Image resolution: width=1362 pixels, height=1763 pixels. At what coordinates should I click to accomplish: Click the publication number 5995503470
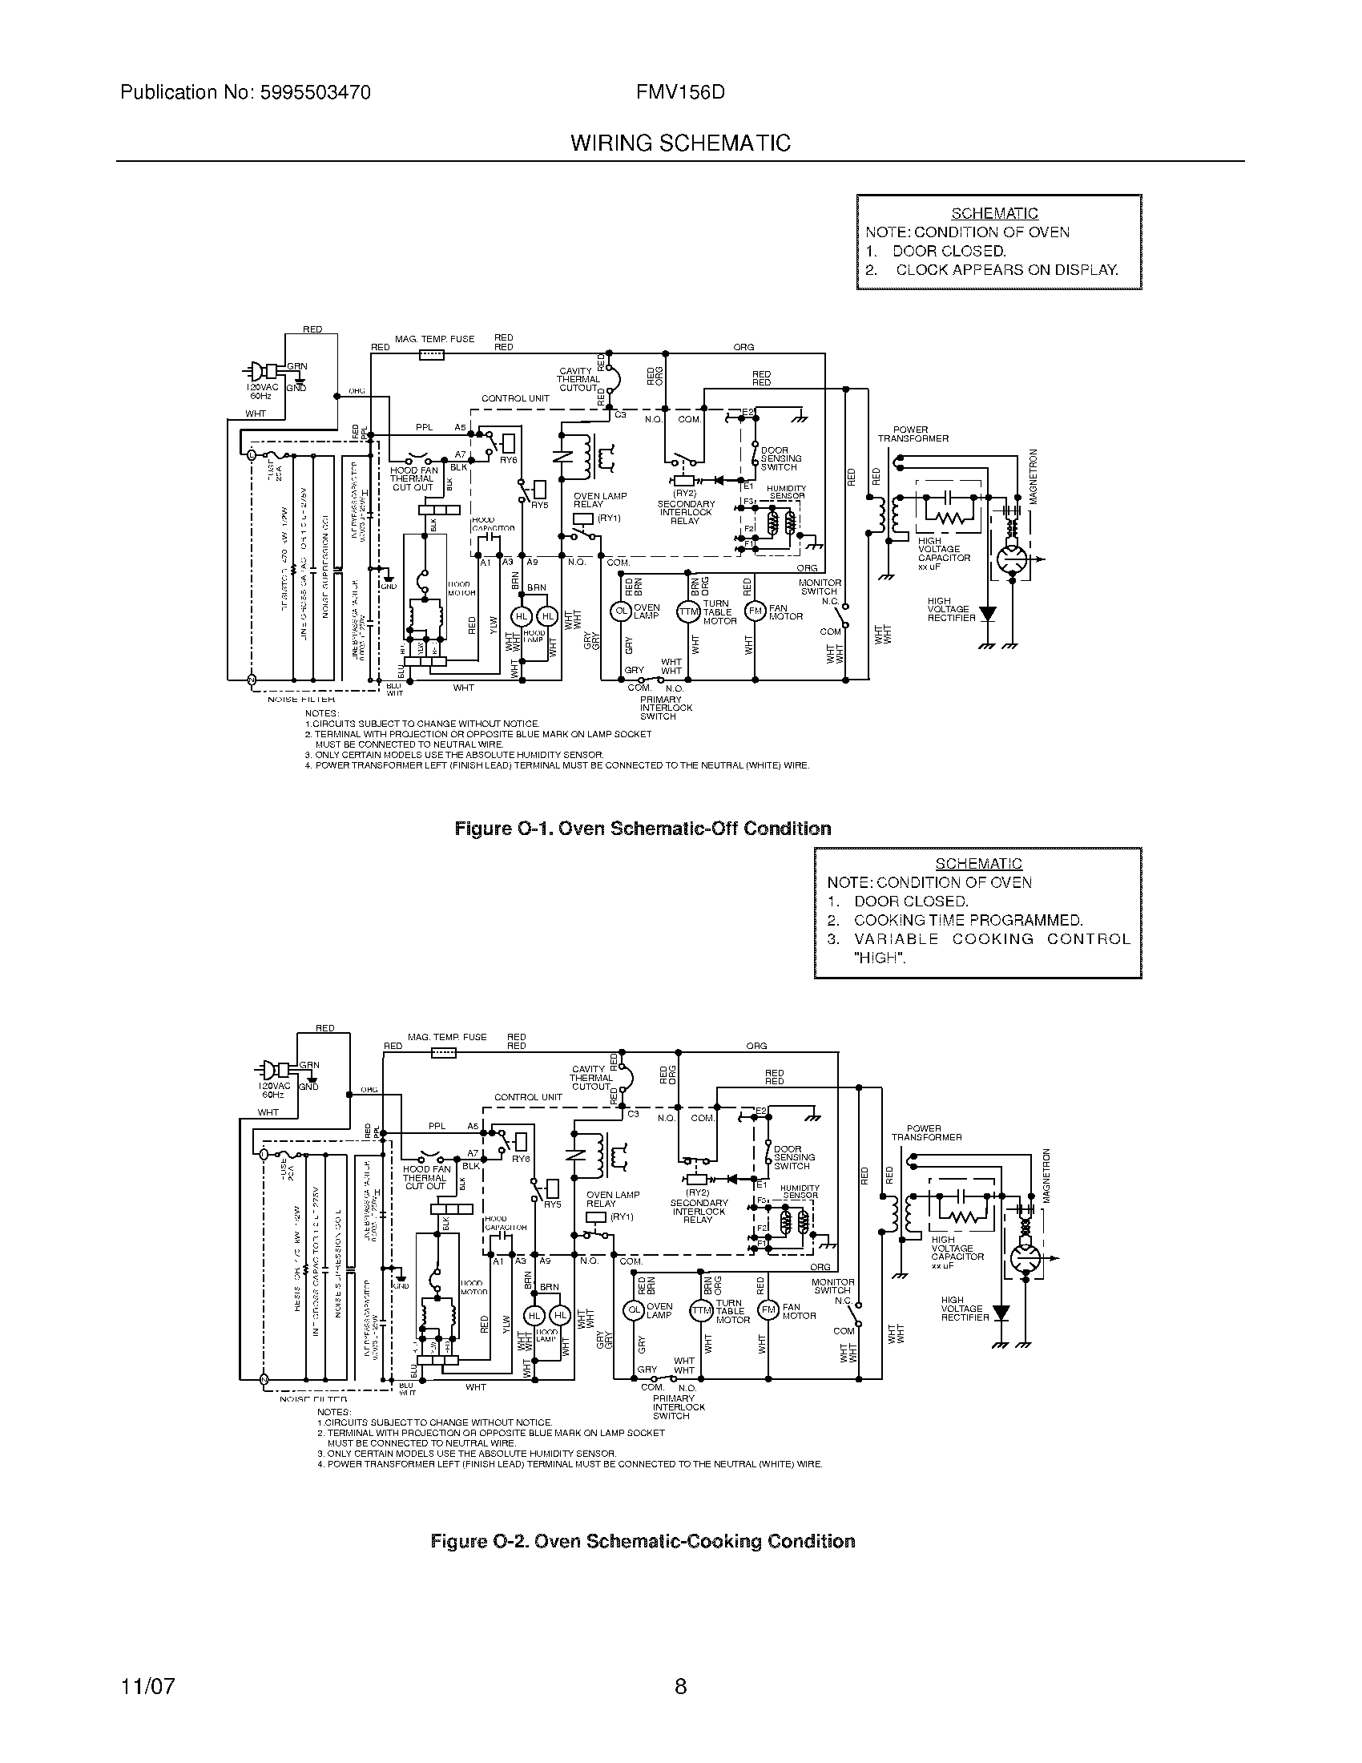coord(315,93)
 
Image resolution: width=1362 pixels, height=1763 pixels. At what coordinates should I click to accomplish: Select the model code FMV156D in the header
coord(680,93)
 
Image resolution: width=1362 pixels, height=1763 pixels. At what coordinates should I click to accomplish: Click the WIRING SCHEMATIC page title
coord(680,143)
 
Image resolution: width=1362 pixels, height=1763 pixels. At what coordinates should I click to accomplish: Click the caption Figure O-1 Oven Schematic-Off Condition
coord(643,829)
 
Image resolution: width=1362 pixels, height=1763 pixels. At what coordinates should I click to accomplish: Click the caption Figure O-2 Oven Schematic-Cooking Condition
coord(643,1542)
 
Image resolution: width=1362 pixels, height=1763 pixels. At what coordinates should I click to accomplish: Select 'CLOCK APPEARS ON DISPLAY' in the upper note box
coord(1006,269)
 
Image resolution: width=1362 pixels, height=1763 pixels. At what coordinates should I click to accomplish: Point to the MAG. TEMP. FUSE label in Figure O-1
coord(434,339)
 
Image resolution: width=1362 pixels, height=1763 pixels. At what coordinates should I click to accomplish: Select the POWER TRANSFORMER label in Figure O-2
coord(925,1132)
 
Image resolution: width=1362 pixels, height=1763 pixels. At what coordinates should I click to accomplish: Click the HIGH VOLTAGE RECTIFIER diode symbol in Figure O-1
coord(986,615)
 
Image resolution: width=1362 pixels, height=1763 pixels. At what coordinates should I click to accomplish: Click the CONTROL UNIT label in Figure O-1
coord(515,398)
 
